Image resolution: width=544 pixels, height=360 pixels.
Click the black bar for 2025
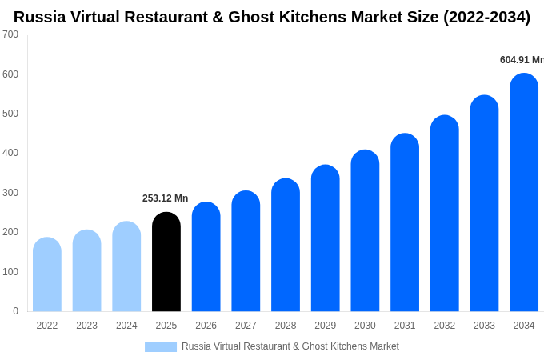166,262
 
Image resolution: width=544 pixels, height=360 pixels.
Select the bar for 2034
524,192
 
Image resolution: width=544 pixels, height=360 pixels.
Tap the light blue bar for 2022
47,274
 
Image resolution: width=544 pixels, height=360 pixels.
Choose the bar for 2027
246,251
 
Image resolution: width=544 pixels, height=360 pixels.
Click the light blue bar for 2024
126,266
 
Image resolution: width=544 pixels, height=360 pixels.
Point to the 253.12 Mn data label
165,198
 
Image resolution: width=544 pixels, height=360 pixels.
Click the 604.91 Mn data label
521,60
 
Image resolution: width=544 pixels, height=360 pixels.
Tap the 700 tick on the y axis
10,34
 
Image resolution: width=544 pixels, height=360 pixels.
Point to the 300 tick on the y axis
10,193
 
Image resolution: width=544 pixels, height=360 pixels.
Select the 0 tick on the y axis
15,311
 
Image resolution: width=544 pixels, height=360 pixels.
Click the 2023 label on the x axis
86,326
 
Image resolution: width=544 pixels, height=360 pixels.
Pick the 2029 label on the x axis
325,326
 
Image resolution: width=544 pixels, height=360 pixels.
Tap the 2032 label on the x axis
444,326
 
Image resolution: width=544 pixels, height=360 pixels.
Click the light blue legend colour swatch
160,347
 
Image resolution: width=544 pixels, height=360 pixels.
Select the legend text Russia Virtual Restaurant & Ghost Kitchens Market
290,346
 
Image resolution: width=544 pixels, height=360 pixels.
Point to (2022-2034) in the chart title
486,17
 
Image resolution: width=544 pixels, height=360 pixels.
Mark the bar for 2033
484,203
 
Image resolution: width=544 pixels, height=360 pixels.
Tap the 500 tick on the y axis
10,114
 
